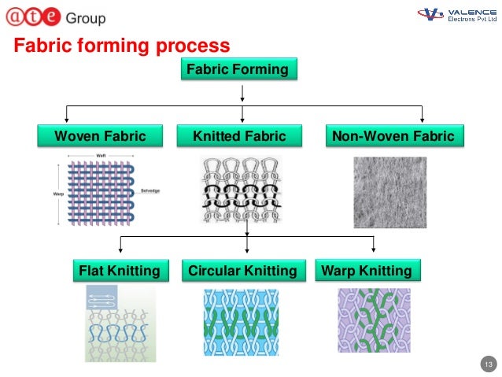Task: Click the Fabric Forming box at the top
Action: click(237, 70)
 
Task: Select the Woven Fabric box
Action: click(99, 136)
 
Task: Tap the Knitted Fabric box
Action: click(238, 136)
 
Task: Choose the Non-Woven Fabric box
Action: click(393, 136)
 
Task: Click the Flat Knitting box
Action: click(120, 272)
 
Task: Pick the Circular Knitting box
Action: click(242, 272)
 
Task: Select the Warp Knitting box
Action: click(366, 272)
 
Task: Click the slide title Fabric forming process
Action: click(122, 46)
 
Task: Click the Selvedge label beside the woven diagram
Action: click(151, 191)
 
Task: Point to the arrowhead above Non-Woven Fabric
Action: click(423, 120)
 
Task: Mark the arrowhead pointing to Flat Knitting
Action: click(120, 253)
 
